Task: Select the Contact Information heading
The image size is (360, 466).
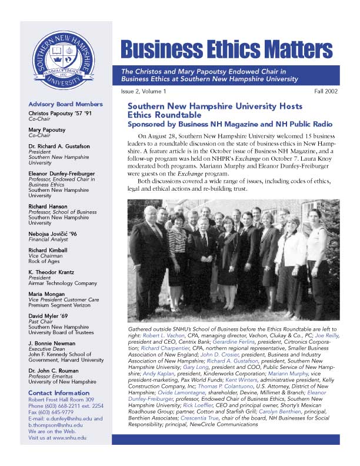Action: [59, 393]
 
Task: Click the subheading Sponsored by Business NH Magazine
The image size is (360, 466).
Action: [230, 125]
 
